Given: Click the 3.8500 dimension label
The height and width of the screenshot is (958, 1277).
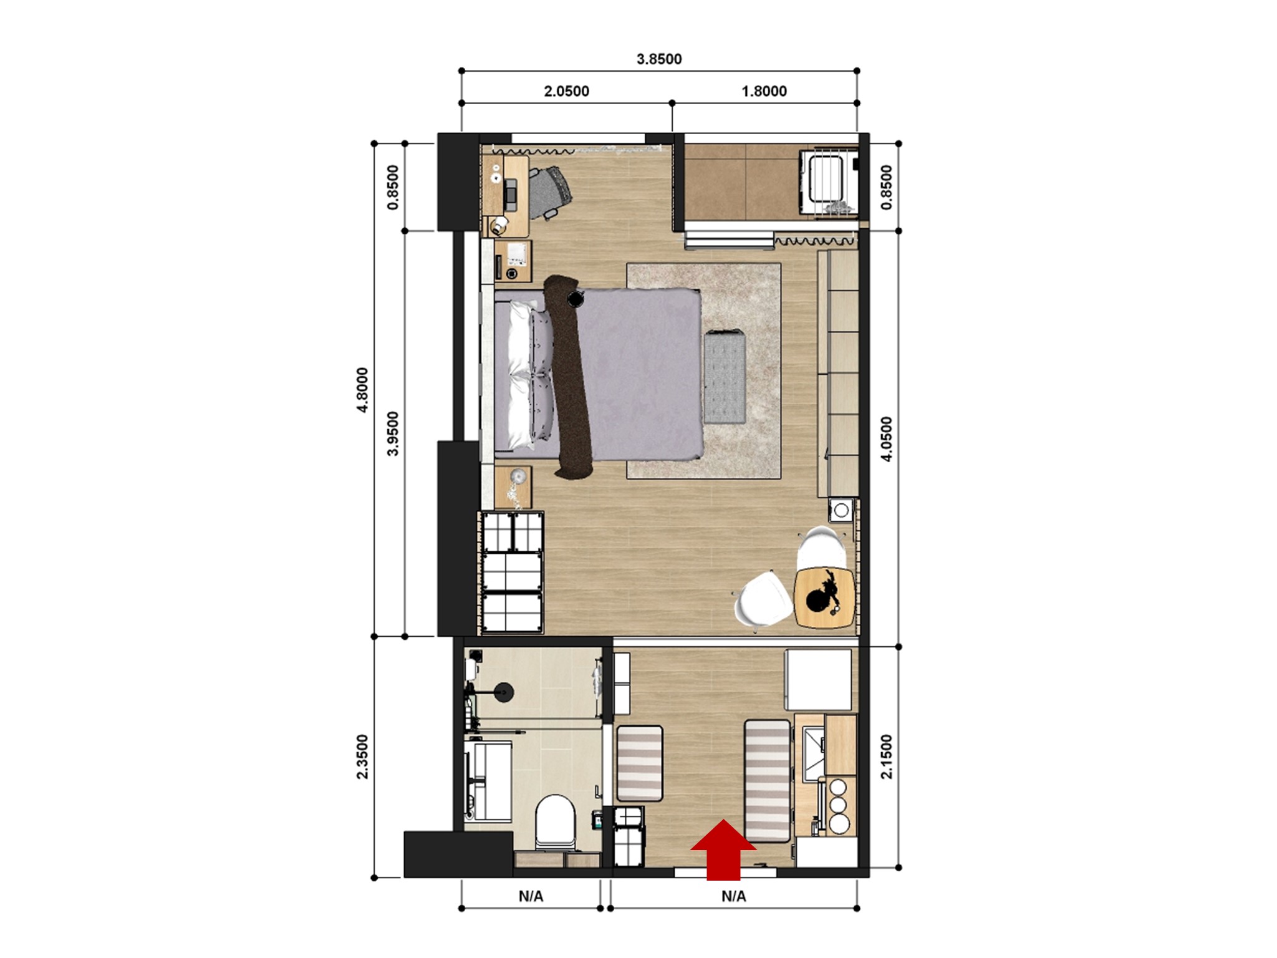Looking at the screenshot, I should (x=659, y=59).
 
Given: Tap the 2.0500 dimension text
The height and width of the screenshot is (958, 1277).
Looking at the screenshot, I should (x=566, y=91).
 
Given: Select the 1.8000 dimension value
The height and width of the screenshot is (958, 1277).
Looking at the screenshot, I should (x=764, y=91).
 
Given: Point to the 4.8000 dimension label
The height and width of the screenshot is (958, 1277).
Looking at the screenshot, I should (x=362, y=390).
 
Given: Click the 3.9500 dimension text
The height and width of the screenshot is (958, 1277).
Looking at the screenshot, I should (x=393, y=433).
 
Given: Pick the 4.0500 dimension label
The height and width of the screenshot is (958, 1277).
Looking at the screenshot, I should (x=886, y=438).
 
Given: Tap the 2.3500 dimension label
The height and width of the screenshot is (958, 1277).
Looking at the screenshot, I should (x=362, y=757).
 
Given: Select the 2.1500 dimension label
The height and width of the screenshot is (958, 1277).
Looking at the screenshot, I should (x=886, y=757).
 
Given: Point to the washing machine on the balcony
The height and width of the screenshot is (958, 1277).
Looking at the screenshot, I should (x=826, y=181).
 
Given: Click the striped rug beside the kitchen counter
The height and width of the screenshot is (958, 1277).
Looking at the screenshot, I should (x=768, y=780).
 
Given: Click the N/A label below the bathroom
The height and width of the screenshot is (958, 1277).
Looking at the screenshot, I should (x=531, y=896).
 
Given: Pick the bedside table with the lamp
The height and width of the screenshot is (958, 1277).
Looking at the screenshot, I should (x=514, y=487).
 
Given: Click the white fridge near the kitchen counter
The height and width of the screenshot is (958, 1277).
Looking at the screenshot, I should (x=818, y=679).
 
